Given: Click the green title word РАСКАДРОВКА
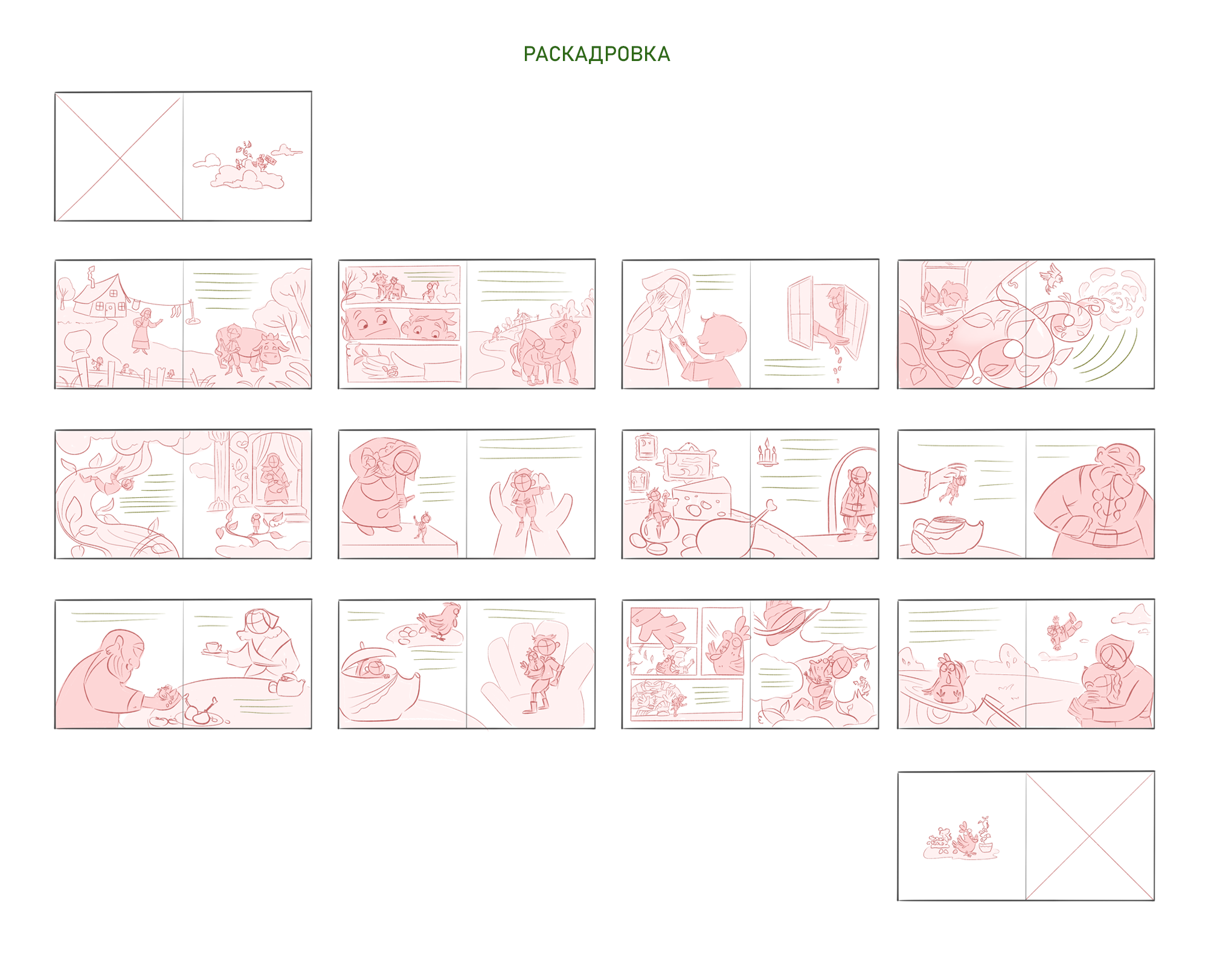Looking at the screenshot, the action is click(x=596, y=54).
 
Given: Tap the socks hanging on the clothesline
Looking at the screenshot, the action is click(x=175, y=312).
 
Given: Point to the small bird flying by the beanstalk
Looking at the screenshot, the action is click(x=1051, y=279).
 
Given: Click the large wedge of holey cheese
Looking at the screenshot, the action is click(x=701, y=498).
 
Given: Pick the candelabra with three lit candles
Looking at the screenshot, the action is click(x=767, y=453).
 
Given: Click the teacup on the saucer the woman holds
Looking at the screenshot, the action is click(x=213, y=648).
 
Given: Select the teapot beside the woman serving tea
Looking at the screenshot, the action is click(x=286, y=684).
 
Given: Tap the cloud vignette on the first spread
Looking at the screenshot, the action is click(x=246, y=166).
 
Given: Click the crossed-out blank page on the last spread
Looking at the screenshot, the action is click(x=1090, y=836).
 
